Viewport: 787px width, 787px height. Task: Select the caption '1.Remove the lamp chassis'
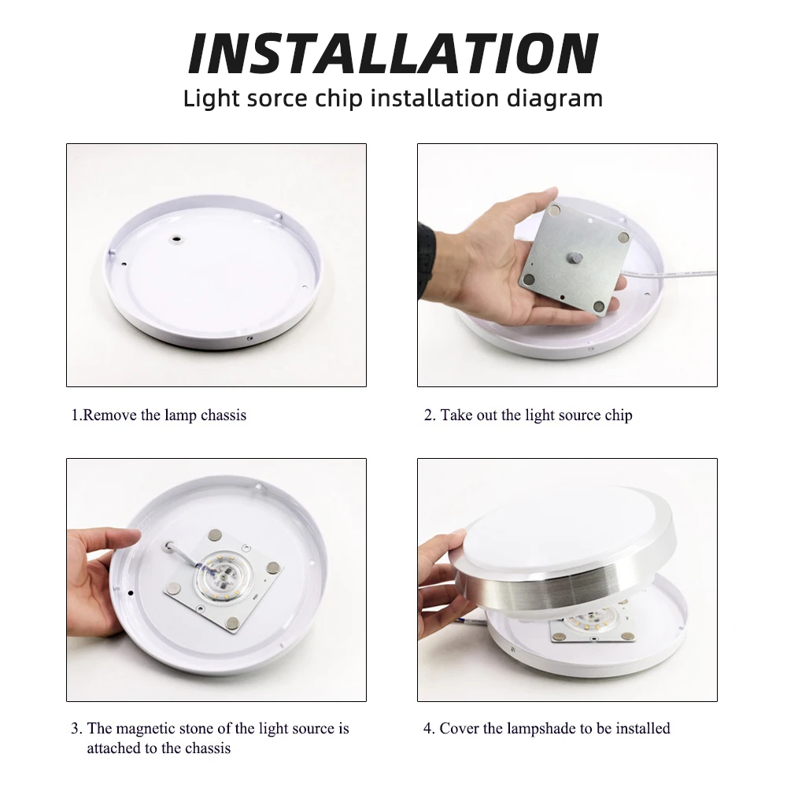click(x=159, y=415)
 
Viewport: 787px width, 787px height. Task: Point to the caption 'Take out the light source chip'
click(x=535, y=415)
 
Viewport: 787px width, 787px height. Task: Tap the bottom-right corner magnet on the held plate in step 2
click(x=600, y=306)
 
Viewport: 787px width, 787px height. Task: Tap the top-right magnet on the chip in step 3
click(x=272, y=567)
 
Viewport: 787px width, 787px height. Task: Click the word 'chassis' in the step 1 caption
click(x=224, y=415)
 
